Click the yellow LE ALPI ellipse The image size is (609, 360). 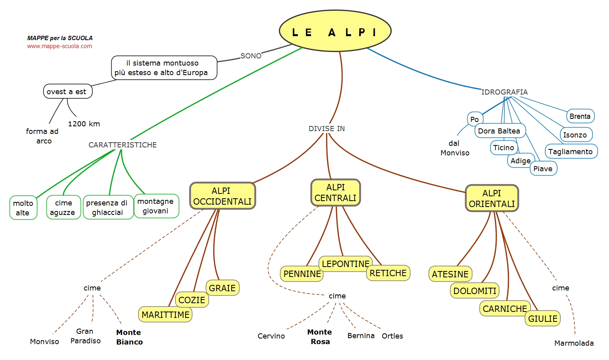point(335,31)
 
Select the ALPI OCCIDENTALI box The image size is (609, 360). point(222,196)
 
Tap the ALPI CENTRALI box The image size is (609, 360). point(336,192)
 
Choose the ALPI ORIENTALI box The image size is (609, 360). point(492,198)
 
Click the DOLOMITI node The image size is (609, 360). point(475,291)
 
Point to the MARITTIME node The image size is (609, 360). point(165,315)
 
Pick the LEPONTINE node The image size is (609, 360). point(346,264)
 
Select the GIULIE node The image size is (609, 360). point(543,318)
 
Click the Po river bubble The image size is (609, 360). point(475,119)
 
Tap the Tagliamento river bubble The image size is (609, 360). point(571,151)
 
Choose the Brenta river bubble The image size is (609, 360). point(580,116)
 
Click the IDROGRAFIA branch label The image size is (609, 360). point(505,92)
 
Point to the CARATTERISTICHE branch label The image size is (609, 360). point(123,145)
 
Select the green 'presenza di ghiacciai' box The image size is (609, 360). point(108,207)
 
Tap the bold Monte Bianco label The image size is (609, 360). point(130,337)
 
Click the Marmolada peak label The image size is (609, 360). point(574,343)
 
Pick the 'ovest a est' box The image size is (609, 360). point(68,91)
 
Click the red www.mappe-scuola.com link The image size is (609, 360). point(60,46)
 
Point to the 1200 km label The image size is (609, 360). point(84,124)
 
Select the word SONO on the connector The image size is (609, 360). point(251,56)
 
